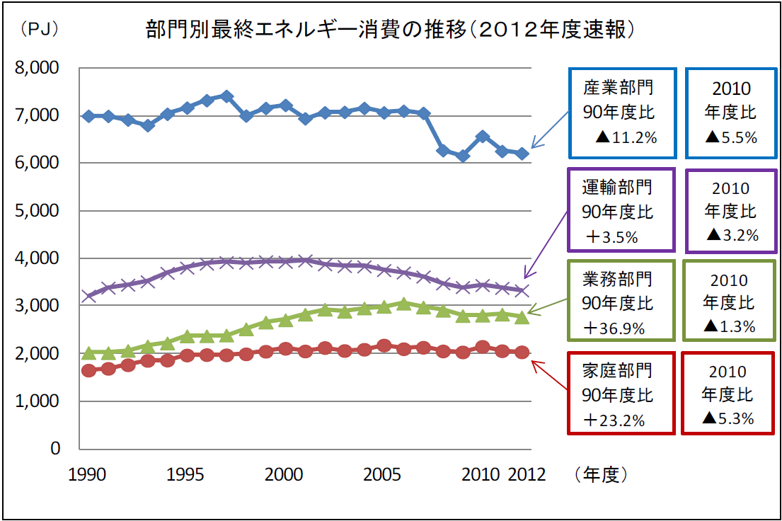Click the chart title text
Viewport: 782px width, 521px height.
tap(389, 29)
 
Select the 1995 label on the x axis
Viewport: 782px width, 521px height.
tap(187, 474)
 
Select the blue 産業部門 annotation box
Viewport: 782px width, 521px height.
tap(622, 113)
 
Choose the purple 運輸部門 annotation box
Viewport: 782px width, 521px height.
tap(621, 210)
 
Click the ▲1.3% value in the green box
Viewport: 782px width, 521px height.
tap(730, 326)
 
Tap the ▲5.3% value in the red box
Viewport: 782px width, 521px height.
tap(728, 418)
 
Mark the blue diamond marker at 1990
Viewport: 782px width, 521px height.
tap(88, 115)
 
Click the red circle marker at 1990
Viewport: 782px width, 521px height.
tap(88, 370)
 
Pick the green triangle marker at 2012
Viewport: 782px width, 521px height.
tap(522, 318)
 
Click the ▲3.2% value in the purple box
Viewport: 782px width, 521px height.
tap(731, 235)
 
